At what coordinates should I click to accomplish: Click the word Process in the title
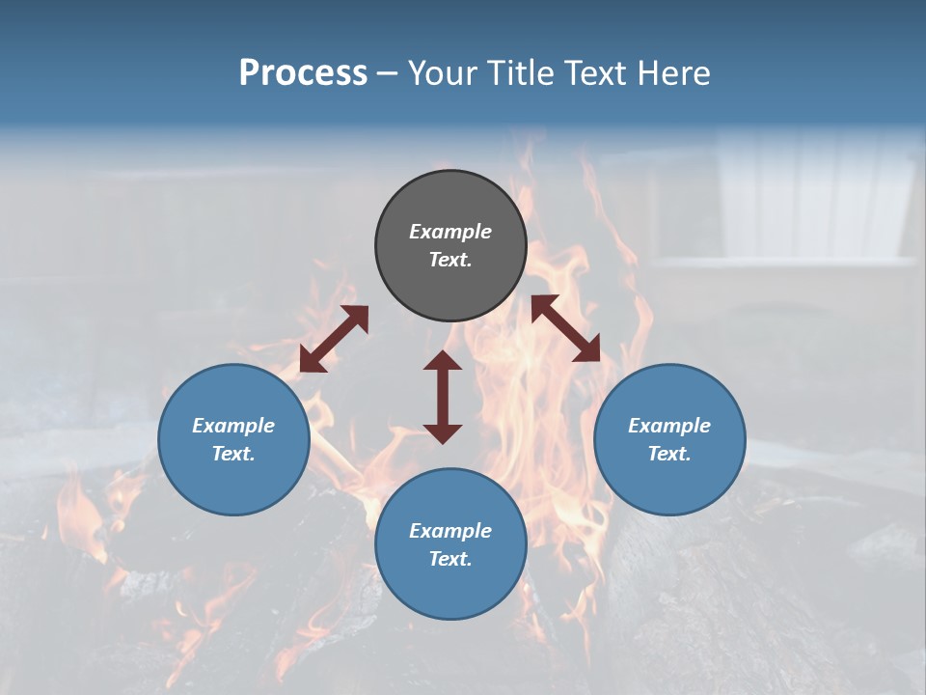pos(303,73)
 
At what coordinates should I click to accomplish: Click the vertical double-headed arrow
pos(443,397)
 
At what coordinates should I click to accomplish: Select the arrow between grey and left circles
pos(334,339)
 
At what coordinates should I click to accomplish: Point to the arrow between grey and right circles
pos(565,328)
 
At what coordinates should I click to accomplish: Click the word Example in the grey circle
pos(450,232)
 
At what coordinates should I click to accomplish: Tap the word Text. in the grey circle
pos(450,260)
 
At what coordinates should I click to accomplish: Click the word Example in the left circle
pos(233,426)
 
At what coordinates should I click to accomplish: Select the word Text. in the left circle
pos(233,454)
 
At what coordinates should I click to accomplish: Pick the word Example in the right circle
pos(669,426)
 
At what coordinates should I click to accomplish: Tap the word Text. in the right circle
pos(669,454)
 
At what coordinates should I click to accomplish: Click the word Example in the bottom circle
pos(450,531)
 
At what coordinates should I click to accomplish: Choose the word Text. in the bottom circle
pos(450,559)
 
